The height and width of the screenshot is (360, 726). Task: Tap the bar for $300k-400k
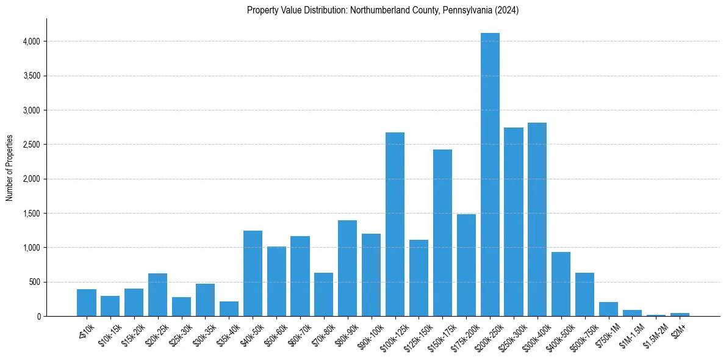(537, 220)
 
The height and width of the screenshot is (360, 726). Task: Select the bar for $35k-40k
(229, 309)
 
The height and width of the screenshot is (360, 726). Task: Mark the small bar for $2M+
(680, 314)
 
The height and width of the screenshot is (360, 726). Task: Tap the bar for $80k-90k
(347, 268)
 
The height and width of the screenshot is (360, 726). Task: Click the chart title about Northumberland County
(383, 10)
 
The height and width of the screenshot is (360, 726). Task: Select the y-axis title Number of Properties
(10, 168)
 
